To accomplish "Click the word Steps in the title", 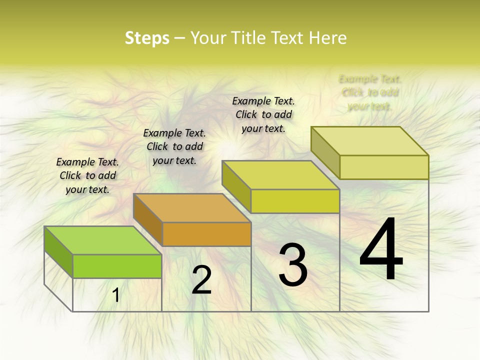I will click(x=147, y=38).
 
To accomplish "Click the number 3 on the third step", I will click(x=293, y=265).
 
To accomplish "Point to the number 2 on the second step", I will click(x=201, y=280).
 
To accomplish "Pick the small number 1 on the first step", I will click(x=116, y=295).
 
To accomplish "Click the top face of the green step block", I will click(x=102, y=240).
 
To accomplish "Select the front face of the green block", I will click(x=117, y=266).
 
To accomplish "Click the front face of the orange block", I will click(x=206, y=234).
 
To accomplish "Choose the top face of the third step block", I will click(x=280, y=175).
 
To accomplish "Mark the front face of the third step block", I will click(x=295, y=201).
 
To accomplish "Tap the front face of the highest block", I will click(x=384, y=167).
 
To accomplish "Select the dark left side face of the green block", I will click(x=58, y=252).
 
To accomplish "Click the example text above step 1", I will click(x=87, y=175).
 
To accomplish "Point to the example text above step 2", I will click(x=174, y=146).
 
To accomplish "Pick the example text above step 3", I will click(x=263, y=114).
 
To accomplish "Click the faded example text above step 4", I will click(x=370, y=92).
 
